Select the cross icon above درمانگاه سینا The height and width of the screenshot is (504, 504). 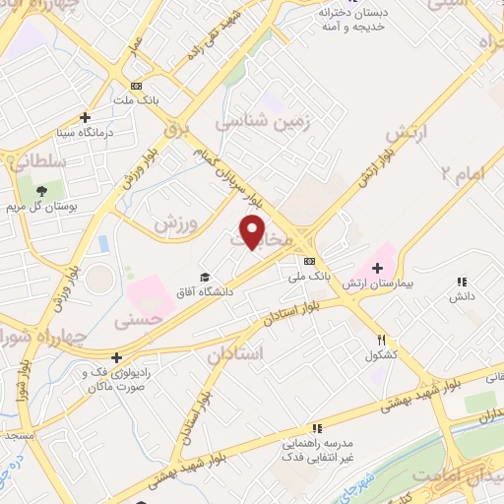coord(86,116)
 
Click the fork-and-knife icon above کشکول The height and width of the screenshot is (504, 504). coord(380,339)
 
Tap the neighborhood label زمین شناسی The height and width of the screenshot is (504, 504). coord(264,124)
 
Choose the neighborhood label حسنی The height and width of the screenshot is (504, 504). coord(136,320)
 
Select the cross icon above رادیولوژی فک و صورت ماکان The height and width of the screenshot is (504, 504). coord(117,357)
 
